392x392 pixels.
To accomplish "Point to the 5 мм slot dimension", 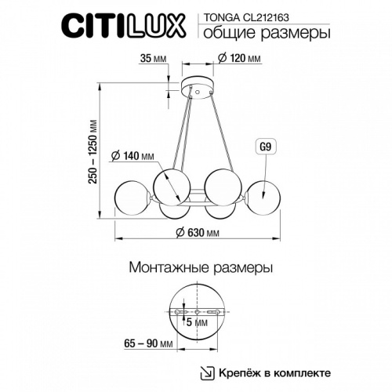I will click(198, 321).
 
